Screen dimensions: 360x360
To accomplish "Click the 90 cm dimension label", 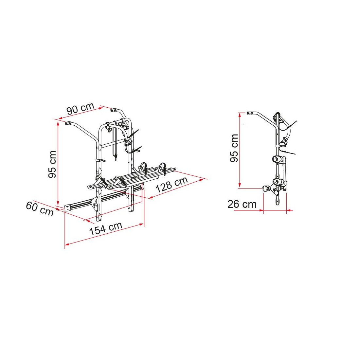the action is pos(81,108).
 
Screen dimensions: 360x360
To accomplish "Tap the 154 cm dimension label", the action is pos(106,229).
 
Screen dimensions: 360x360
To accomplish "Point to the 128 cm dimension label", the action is pos(172,185).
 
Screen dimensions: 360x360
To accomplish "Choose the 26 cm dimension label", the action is pos(242,204).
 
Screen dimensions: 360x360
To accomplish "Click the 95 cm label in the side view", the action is pos(234,148).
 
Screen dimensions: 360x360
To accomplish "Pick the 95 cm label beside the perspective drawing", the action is pos(53,164).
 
